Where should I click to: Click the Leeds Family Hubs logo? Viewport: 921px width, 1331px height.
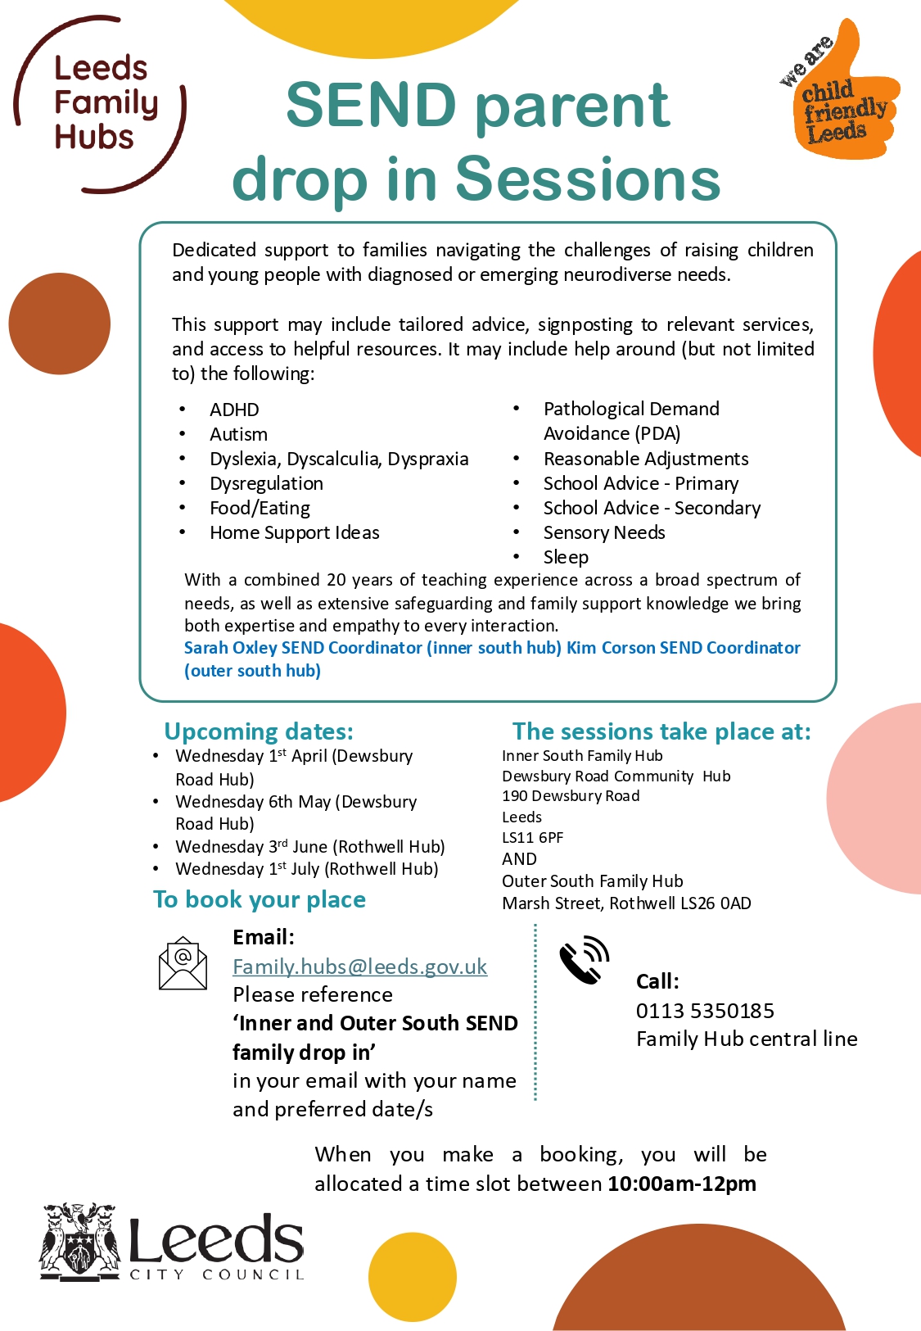coord(100,104)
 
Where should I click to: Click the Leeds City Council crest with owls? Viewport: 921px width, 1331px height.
coord(79,1242)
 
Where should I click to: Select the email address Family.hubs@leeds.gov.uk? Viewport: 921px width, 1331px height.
coord(359,967)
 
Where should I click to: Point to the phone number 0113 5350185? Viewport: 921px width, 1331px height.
coord(705,1011)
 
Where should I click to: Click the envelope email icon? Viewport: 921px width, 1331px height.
coord(183,963)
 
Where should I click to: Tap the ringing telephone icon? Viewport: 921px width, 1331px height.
coord(584,959)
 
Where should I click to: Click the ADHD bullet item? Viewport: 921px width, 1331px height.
coord(234,410)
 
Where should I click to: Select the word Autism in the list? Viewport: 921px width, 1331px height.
coord(238,434)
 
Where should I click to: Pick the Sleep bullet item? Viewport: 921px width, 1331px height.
coord(566,557)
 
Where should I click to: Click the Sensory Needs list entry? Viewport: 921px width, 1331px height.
coord(604,532)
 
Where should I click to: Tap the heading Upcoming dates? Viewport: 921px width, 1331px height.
coord(259,731)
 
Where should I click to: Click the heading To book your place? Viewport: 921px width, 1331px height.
coord(260,899)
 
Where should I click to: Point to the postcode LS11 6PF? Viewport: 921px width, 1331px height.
coord(532,837)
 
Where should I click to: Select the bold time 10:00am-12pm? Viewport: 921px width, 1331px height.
coord(682,1184)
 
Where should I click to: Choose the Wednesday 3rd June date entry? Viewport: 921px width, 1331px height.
coord(309,846)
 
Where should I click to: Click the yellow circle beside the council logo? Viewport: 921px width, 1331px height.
coord(412,1276)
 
